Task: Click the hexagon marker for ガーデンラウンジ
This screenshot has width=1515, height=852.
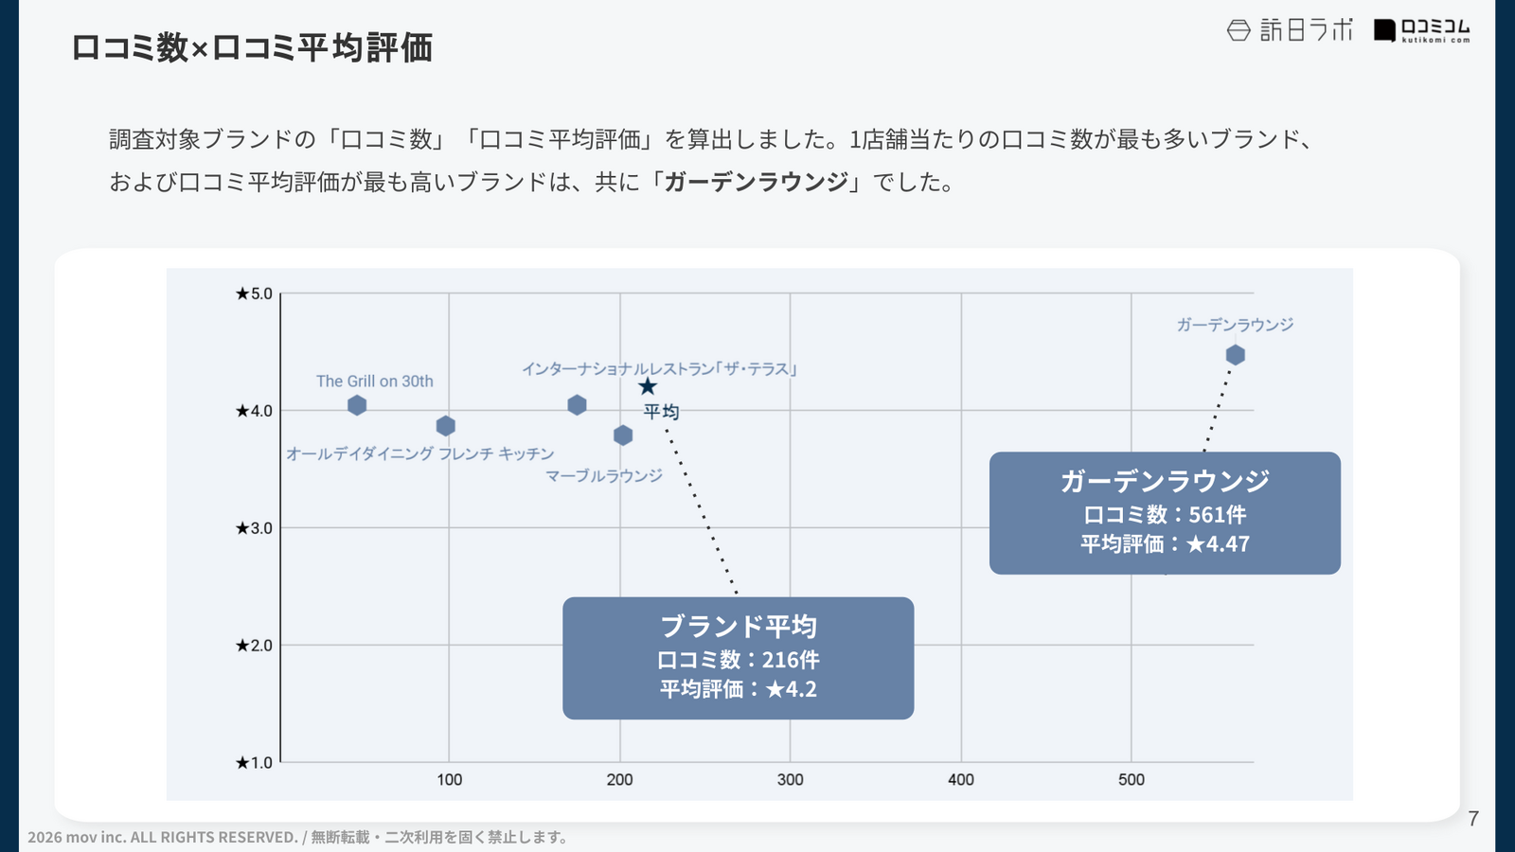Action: click(1235, 355)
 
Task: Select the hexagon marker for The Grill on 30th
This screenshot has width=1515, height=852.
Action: click(357, 405)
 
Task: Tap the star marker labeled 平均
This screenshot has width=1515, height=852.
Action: click(648, 386)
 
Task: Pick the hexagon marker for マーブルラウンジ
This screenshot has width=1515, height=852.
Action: click(623, 435)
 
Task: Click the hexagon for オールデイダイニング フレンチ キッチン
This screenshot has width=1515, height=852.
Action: click(446, 426)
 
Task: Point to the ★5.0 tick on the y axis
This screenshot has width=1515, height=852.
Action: click(254, 293)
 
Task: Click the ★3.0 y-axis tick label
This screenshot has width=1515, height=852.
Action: click(254, 528)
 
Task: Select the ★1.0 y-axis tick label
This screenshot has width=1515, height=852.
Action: click(254, 763)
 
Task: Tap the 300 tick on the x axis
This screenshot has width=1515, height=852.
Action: click(790, 780)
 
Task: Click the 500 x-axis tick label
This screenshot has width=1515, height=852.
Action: click(1131, 780)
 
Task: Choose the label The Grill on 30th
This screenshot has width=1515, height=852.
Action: click(375, 382)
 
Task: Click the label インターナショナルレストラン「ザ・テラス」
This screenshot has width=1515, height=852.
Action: click(659, 369)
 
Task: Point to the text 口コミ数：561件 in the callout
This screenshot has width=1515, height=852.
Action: click(1165, 515)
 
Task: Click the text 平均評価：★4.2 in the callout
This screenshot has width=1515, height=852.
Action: click(739, 689)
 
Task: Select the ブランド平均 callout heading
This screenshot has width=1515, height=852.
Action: click(739, 627)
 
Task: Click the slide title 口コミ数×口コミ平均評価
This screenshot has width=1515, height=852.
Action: click(252, 47)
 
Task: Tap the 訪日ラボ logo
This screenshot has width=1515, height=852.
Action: click(1290, 30)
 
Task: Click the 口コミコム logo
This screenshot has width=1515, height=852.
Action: click(1422, 30)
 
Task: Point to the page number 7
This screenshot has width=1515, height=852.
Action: click(1473, 819)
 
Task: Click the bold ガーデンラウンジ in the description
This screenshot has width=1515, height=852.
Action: click(756, 182)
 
